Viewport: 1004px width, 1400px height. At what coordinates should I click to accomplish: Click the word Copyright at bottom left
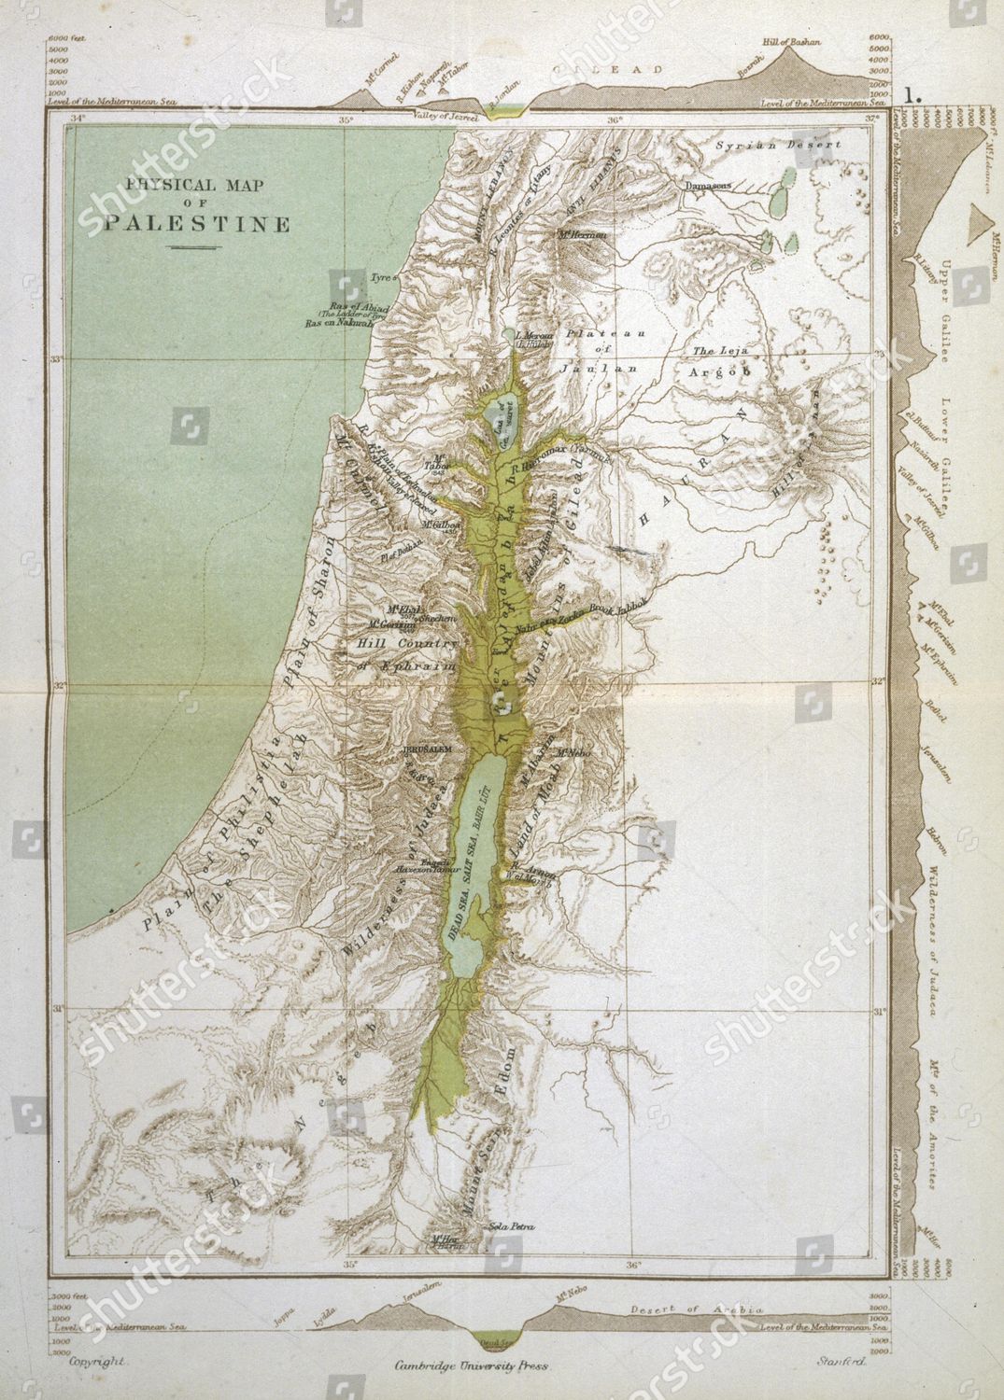98,1363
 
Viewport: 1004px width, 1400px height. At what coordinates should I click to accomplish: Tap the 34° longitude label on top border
78,119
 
